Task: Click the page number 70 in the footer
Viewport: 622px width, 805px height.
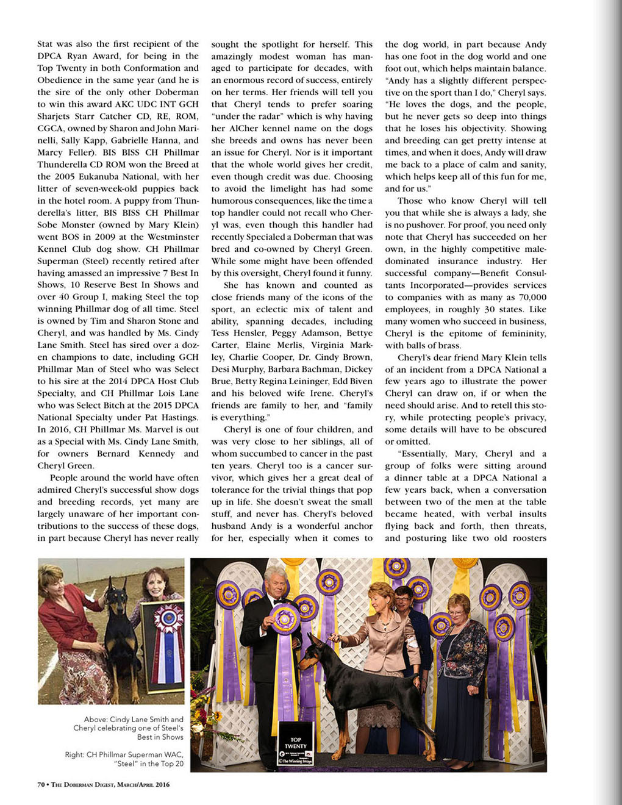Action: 41,784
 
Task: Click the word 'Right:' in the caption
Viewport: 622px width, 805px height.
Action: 75,754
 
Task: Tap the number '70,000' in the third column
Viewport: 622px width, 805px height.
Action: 528,297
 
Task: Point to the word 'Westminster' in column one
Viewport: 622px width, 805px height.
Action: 173,237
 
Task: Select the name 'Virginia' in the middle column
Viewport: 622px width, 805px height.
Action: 328,345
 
